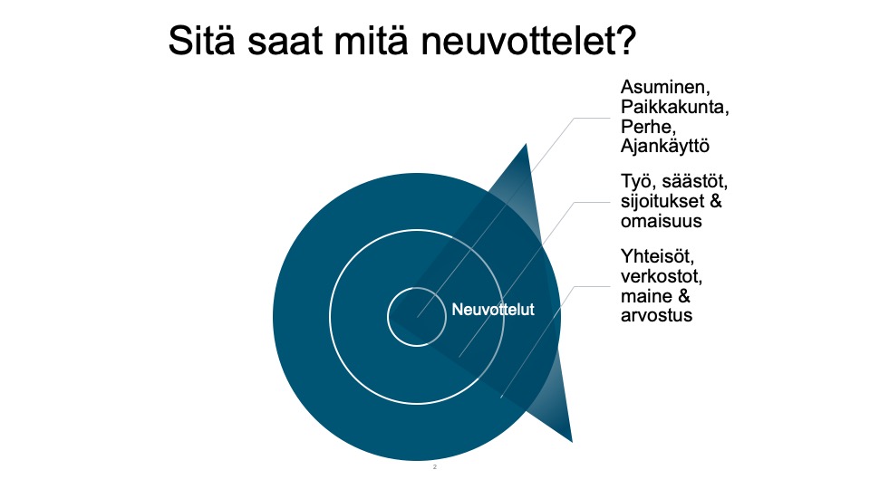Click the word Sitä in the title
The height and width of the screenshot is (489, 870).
pyautogui.click(x=202, y=40)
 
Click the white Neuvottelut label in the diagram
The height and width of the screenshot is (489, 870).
pyautogui.click(x=493, y=310)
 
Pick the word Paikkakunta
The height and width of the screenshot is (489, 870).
pyautogui.click(x=674, y=107)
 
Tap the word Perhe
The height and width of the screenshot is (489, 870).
pyautogui.click(x=648, y=127)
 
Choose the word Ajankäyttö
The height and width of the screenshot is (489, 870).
pyautogui.click(x=665, y=147)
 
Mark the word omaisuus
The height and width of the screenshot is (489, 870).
pyautogui.click(x=662, y=221)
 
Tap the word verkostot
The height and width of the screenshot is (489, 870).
pyautogui.click(x=662, y=276)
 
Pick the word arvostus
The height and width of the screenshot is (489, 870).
pyautogui.click(x=656, y=316)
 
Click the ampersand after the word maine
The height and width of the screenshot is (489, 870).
pyautogui.click(x=684, y=296)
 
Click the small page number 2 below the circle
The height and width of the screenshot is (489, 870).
pyautogui.click(x=434, y=467)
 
